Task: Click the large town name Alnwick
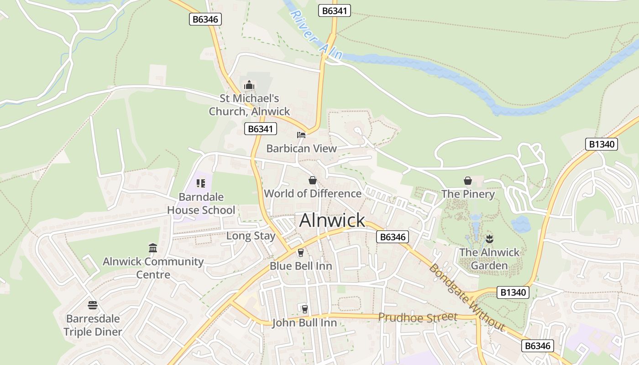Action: tap(332, 220)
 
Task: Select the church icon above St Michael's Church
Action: tap(249, 85)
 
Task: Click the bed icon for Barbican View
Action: tap(301, 135)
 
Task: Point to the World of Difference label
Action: tap(313, 193)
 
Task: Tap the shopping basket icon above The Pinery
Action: tap(468, 181)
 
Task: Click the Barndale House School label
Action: tap(201, 203)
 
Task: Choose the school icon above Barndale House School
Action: tap(201, 183)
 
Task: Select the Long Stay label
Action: tap(251, 236)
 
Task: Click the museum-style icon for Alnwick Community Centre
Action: tap(153, 248)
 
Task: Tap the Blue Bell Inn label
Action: tap(301, 266)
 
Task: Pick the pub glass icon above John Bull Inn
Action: tap(304, 309)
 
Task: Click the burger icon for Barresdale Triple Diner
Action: tap(93, 305)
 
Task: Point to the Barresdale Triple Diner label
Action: tap(93, 325)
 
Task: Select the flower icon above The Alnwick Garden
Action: tap(489, 238)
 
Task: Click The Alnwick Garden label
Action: tap(489, 259)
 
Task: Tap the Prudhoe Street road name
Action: tap(417, 317)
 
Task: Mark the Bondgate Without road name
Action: tap(466, 297)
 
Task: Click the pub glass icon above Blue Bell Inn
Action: tap(301, 252)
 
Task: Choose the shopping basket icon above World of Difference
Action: tap(313, 180)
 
